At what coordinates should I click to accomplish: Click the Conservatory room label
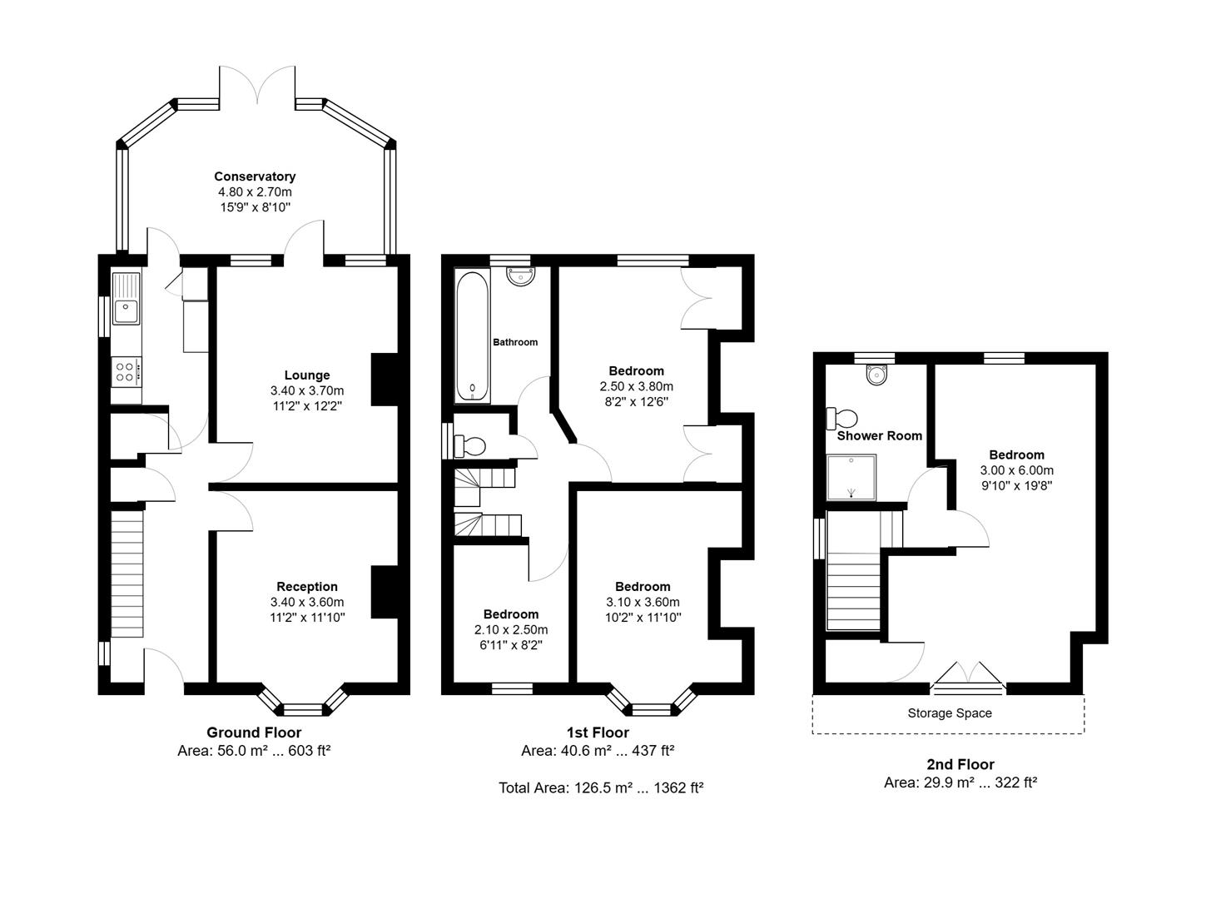tap(255, 176)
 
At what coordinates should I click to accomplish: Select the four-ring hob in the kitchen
tap(127, 370)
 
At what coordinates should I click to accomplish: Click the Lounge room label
tap(306, 375)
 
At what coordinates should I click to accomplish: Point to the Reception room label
tap(306, 587)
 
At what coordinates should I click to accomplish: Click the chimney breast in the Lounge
tap(384, 380)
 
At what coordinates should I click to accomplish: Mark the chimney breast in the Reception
tap(384, 592)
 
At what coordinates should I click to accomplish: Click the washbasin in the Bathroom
tap(522, 276)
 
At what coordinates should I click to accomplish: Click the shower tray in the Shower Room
tap(851, 477)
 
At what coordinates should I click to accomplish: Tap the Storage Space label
tap(949, 713)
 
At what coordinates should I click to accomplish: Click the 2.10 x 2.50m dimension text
tap(511, 629)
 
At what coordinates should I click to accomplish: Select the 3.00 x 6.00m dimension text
tap(1016, 470)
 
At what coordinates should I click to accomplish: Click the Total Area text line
tap(601, 787)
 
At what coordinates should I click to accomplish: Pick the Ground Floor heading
tap(254, 733)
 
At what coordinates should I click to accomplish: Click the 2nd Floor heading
tap(960, 764)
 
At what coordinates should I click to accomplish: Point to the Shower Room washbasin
tap(876, 375)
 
